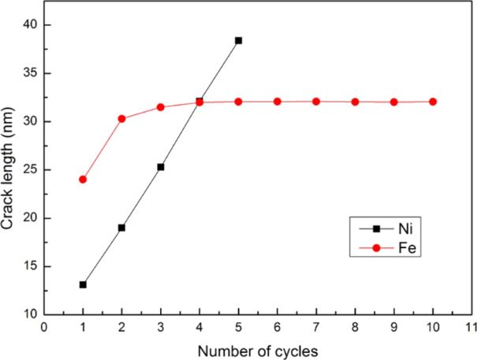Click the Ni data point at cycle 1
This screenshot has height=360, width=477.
83,284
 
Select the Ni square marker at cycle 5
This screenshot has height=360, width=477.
238,40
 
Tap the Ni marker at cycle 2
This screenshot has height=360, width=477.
121,228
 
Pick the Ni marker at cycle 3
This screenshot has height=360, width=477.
161,167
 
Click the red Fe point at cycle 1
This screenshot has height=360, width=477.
83,180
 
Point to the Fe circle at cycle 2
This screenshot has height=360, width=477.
121,119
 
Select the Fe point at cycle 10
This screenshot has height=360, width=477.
433,102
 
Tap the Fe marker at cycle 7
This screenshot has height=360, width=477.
316,102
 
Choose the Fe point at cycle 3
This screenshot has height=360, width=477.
161,107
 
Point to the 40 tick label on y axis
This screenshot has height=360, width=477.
29,25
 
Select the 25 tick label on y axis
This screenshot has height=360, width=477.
29,170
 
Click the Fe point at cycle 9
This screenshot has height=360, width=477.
394,102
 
